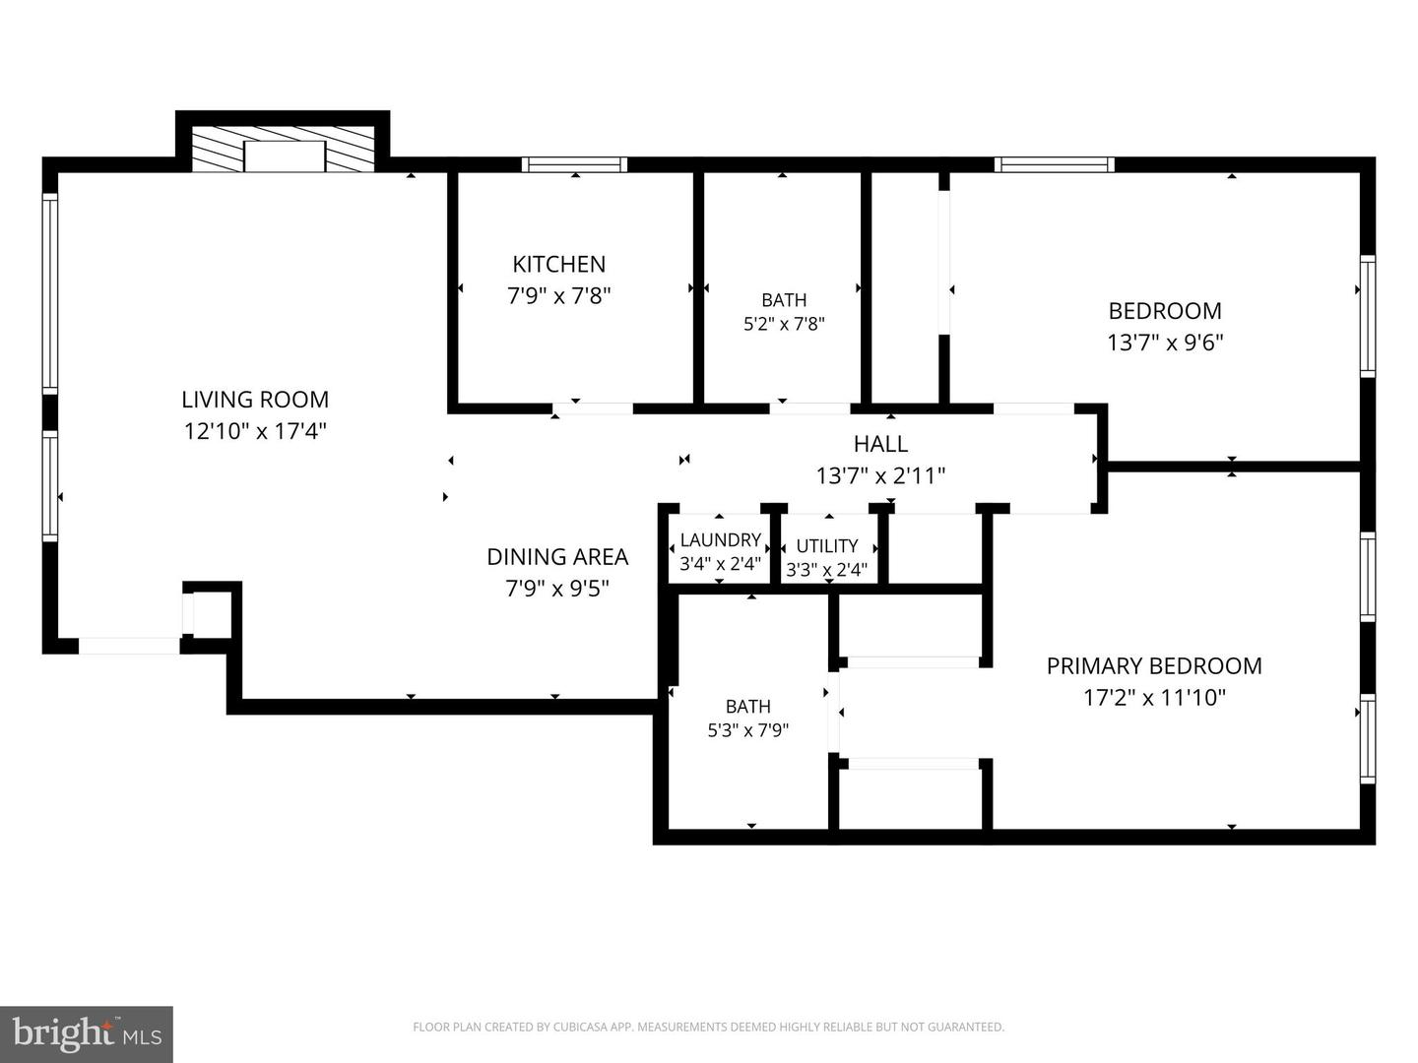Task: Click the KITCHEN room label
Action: (x=558, y=264)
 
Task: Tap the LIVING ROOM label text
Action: (x=255, y=400)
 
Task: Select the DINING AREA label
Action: (x=557, y=556)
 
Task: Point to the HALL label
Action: (x=880, y=443)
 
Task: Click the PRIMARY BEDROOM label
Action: (x=1154, y=665)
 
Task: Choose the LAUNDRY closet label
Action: (x=720, y=539)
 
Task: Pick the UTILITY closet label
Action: (x=827, y=546)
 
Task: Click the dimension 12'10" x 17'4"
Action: (x=255, y=430)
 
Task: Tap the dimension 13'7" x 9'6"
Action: (x=1165, y=343)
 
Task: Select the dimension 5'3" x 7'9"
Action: (x=748, y=730)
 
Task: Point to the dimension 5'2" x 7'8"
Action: (x=784, y=324)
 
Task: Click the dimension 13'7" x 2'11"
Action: (x=880, y=475)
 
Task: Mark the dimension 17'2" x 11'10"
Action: (x=1154, y=698)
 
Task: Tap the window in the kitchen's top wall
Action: (x=574, y=164)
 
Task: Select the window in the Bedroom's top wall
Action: (x=1055, y=164)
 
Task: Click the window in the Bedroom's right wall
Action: (x=1367, y=316)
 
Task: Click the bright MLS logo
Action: (x=87, y=1033)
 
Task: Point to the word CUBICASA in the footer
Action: (x=581, y=1027)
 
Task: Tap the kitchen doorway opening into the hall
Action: (x=593, y=407)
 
